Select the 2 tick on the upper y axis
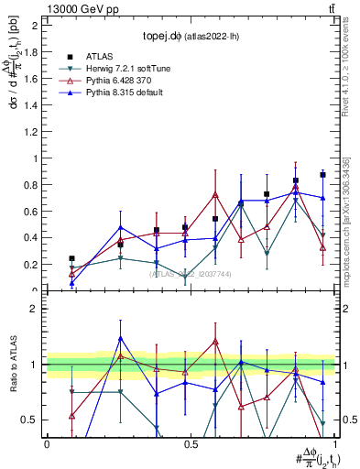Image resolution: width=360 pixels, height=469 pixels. (35, 25)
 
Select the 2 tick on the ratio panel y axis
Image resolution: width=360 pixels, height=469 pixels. (35, 309)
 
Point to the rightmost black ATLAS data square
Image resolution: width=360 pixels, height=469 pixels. (322, 175)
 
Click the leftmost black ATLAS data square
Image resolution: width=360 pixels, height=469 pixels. (72, 258)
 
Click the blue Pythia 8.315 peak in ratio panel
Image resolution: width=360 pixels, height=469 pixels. (121, 338)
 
